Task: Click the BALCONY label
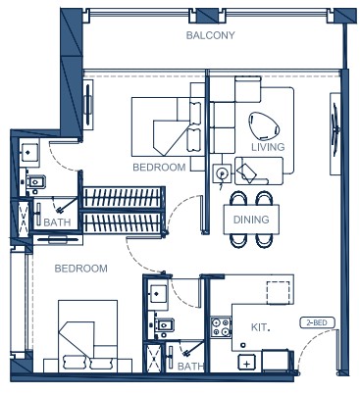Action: pyautogui.click(x=210, y=35)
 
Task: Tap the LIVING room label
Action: pyautogui.click(x=268, y=147)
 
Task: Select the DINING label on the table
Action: pyautogui.click(x=251, y=220)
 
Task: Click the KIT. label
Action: pyautogui.click(x=260, y=327)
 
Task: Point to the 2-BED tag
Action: pyautogui.click(x=317, y=323)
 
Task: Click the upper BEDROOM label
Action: pyautogui.click(x=159, y=168)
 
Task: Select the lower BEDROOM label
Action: pyautogui.click(x=80, y=269)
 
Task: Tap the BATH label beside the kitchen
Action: pyautogui.click(x=190, y=367)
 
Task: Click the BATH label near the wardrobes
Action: pyautogui.click(x=57, y=222)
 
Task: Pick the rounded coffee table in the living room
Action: pyautogui.click(x=264, y=125)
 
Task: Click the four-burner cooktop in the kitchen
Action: pyautogui.click(x=221, y=327)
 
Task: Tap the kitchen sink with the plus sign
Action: pyautogui.click(x=247, y=363)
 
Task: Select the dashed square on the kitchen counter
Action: pyautogui.click(x=278, y=292)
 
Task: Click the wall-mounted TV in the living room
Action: pyautogui.click(x=335, y=134)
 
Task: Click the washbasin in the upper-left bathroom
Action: pyautogui.click(x=29, y=152)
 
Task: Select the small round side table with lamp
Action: pyautogui.click(x=222, y=172)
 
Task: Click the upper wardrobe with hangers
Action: pyautogui.click(x=123, y=197)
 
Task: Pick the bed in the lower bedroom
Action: pyautogui.click(x=87, y=336)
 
